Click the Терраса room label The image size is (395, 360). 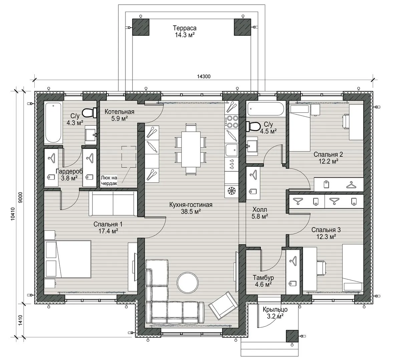[184, 28]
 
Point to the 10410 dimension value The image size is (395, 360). [13, 214]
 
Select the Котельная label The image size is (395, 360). [119, 112]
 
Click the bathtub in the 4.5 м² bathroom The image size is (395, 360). [266, 109]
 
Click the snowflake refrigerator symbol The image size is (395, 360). [231, 191]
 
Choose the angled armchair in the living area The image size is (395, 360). [224, 305]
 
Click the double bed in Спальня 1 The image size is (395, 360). [68, 259]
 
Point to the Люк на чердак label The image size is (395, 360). [109, 181]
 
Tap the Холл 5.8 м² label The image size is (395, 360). [260, 213]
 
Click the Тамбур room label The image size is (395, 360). [263, 278]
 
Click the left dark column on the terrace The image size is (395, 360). [140, 27]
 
